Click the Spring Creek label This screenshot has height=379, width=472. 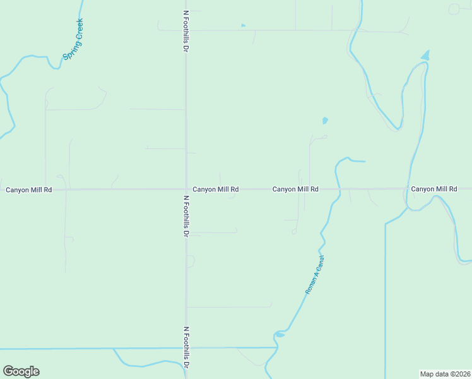[73, 39]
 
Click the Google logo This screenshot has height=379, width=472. [21, 371]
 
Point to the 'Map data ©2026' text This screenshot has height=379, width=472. [445, 374]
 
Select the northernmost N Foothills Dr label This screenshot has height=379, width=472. [186, 30]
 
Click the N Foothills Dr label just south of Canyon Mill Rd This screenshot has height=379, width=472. [186, 215]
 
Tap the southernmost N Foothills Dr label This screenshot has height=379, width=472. [186, 347]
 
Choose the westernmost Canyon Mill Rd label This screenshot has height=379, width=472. [28, 189]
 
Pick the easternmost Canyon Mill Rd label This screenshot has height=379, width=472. [434, 189]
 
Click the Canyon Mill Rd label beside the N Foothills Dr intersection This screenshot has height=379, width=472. [215, 189]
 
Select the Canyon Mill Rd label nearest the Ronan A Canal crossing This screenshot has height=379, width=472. [295, 189]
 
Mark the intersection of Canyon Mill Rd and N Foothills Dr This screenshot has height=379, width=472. [186, 189]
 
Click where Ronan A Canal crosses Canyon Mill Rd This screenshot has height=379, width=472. [339, 189]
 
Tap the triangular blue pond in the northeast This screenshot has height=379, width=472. [425, 56]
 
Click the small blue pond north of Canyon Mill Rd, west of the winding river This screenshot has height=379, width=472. [325, 120]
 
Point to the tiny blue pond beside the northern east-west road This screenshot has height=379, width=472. [243, 25]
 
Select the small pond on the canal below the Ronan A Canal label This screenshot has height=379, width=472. [280, 334]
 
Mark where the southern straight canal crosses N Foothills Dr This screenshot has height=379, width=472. [186, 348]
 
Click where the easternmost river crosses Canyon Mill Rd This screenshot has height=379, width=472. [407, 189]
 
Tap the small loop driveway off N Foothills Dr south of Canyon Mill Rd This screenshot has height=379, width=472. [191, 261]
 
